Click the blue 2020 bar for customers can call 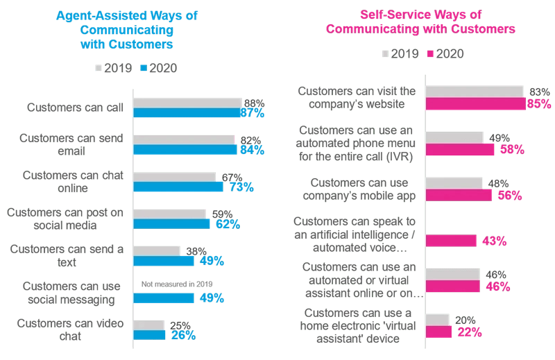point(187,113)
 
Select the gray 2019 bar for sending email point(185,139)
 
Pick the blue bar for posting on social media point(171,224)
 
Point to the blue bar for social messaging point(164,298)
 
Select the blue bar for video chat point(150,335)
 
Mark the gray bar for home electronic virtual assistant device point(438,318)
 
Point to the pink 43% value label point(495,241)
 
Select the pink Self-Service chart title point(420,22)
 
